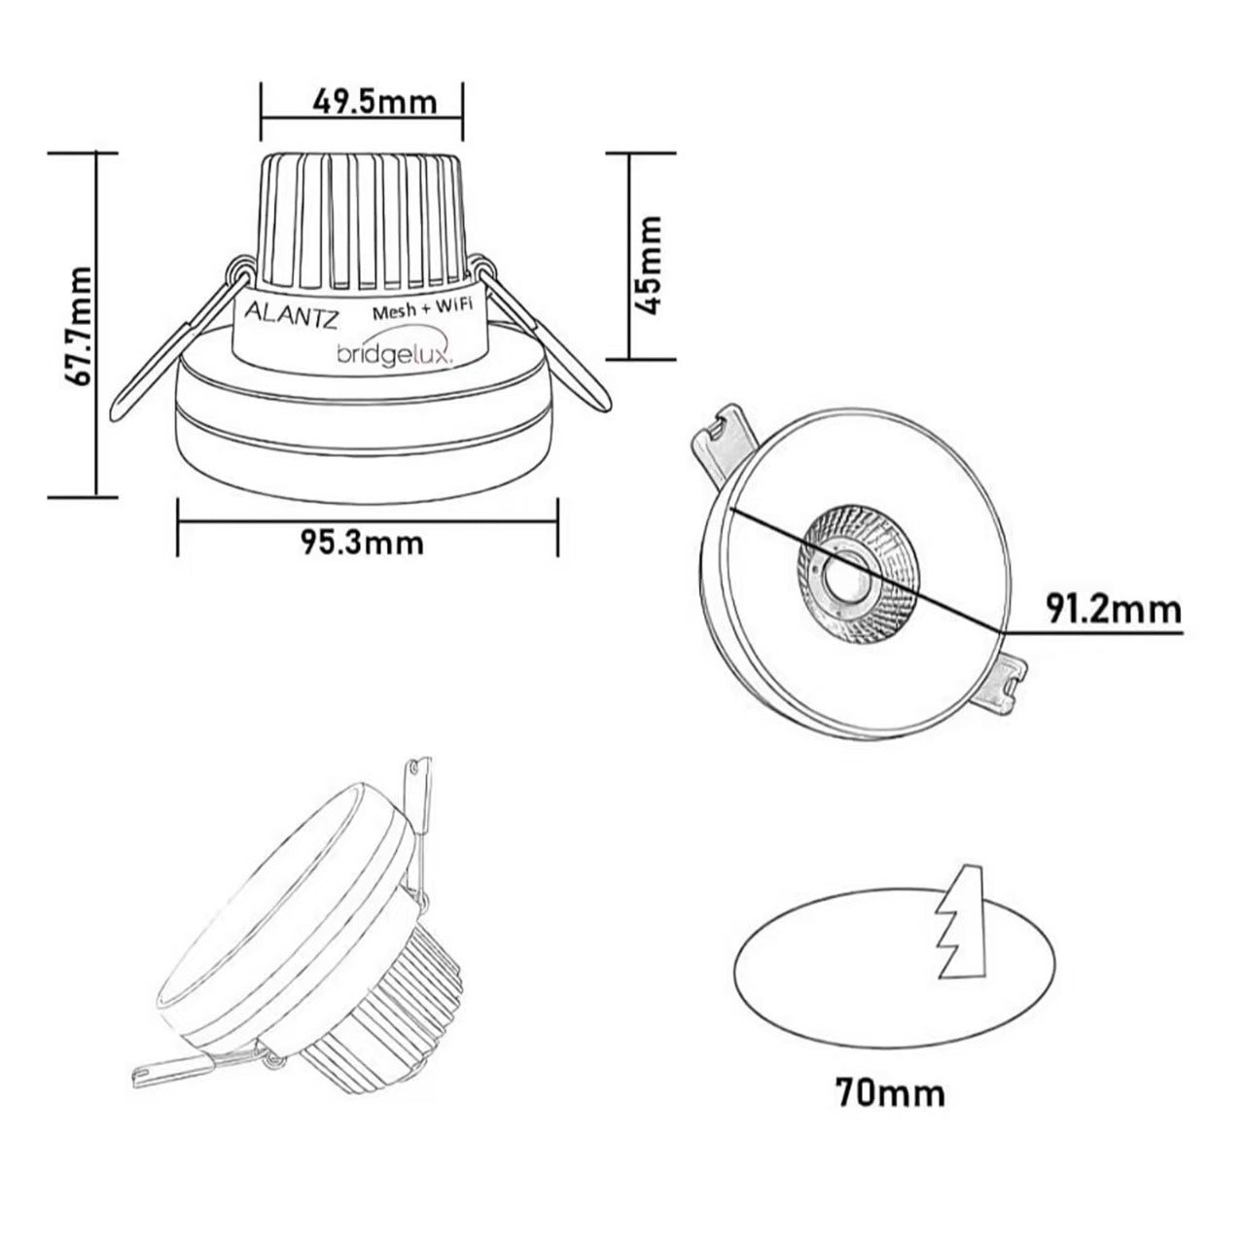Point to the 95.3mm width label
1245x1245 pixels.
(361, 541)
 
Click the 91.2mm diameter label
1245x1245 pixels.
(1114, 611)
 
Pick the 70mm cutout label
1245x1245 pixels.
(889, 1092)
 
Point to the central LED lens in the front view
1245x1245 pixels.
(841, 580)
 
